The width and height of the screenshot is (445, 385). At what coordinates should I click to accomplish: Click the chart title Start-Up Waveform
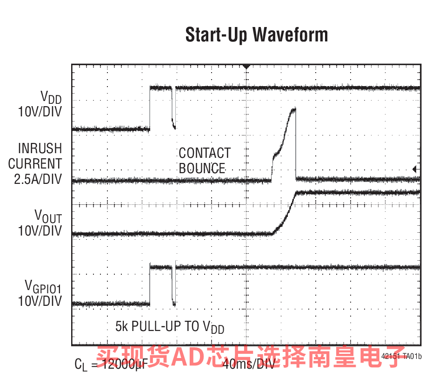coord(256,35)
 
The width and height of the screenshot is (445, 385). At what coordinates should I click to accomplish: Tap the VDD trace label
coord(51,97)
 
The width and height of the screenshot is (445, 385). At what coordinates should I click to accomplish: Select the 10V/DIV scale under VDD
coord(40,112)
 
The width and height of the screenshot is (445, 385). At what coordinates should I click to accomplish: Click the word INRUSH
coord(40,149)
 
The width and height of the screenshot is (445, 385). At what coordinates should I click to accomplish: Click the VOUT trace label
coord(48,216)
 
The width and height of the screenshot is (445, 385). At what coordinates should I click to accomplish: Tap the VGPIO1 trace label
coord(43,286)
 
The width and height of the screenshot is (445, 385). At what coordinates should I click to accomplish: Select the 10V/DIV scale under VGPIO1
coord(40,301)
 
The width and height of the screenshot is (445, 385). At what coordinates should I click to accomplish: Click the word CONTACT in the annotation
coord(205,153)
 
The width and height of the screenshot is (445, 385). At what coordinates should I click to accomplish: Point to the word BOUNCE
coord(202,169)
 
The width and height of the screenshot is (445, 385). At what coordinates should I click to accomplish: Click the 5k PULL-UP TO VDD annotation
coord(170,327)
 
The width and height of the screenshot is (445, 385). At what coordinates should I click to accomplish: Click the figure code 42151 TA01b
coord(401,357)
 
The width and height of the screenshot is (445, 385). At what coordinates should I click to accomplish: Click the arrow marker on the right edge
coord(415,169)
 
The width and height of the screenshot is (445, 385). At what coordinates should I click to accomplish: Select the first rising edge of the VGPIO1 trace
coord(150,285)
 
